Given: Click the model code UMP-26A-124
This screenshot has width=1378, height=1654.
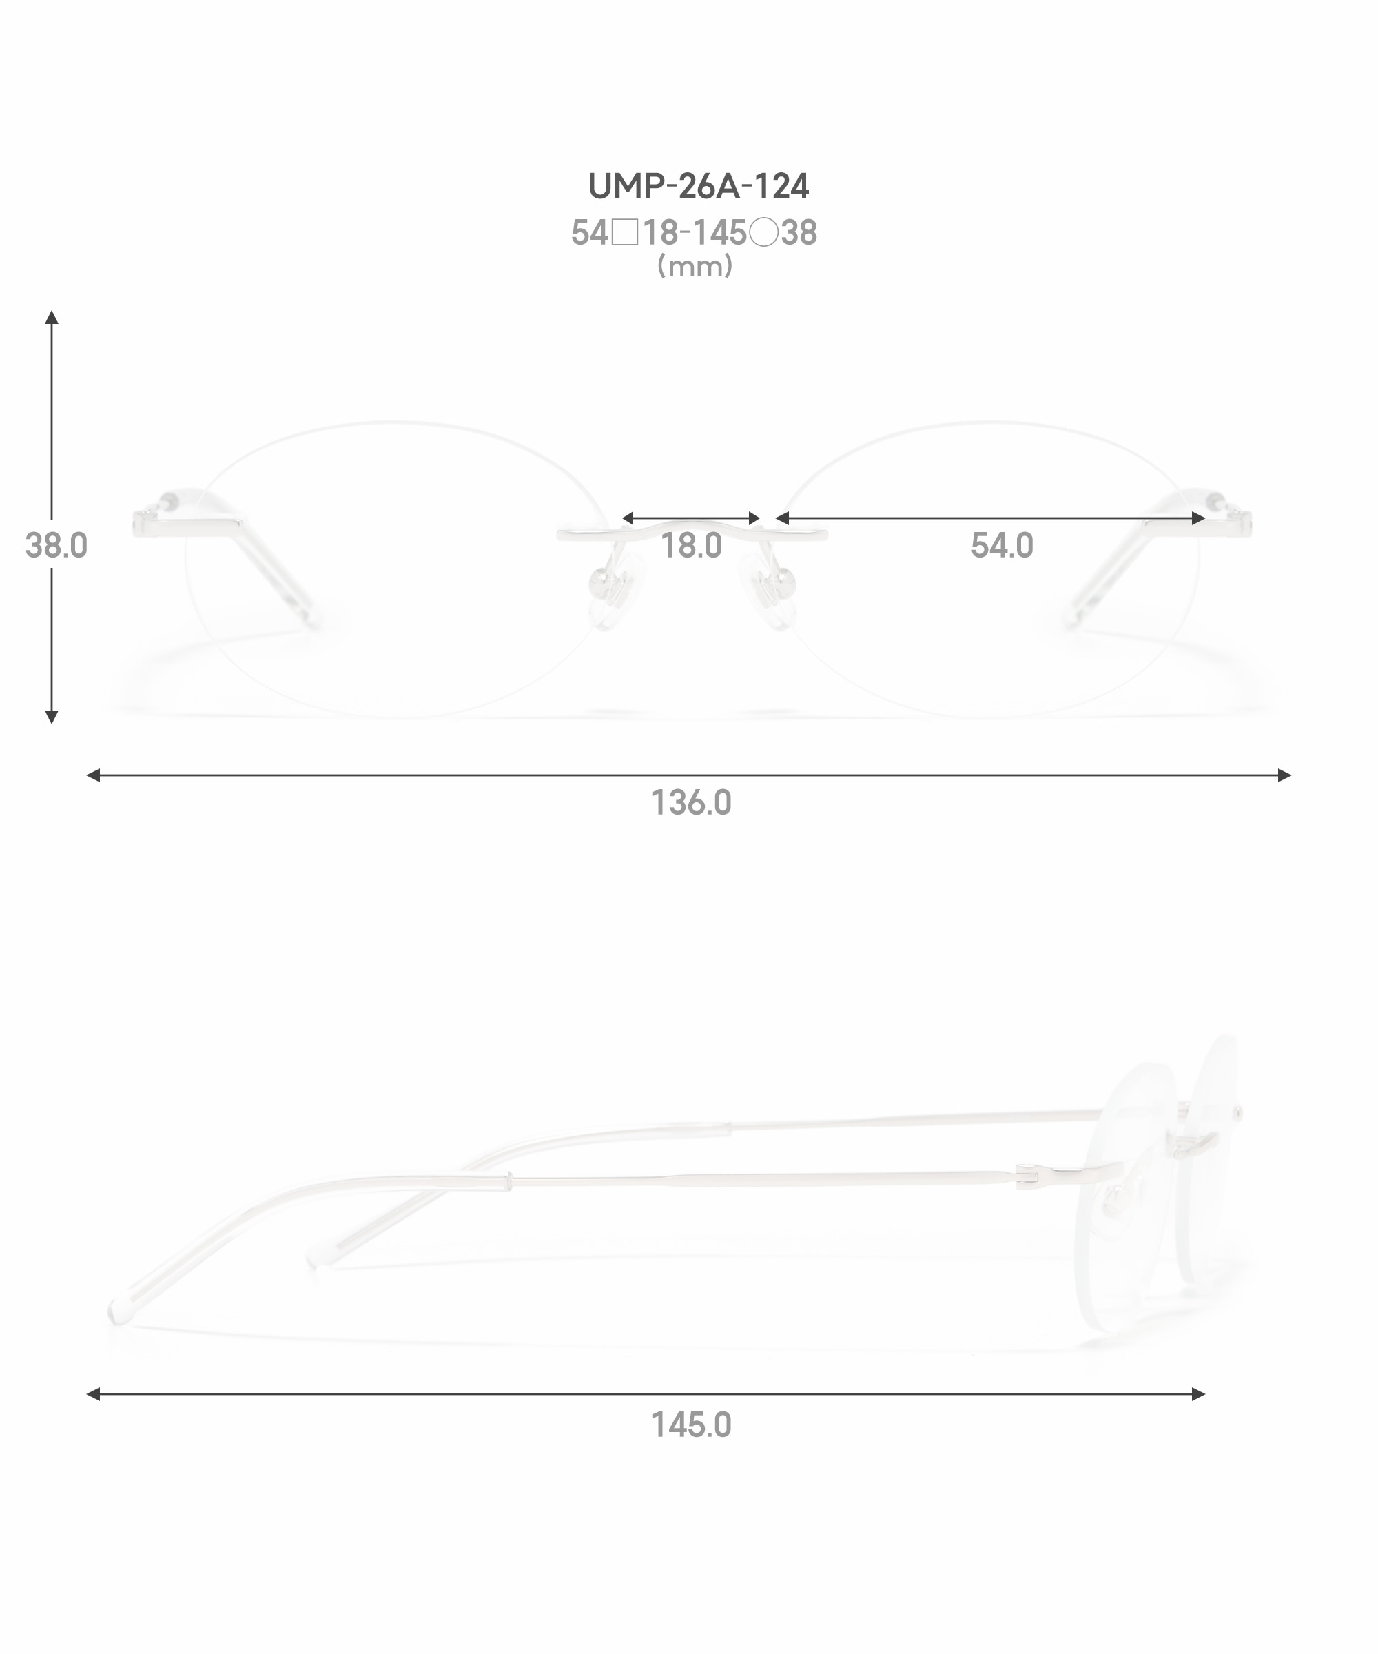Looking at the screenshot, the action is pos(699,186).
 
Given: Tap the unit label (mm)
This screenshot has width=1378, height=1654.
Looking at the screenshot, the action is pos(695,266).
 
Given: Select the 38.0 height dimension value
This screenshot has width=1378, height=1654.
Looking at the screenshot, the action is pos(56,545).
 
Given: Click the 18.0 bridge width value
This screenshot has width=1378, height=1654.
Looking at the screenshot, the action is pos(690,545).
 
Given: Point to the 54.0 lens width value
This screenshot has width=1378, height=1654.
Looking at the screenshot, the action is pos(1002,545).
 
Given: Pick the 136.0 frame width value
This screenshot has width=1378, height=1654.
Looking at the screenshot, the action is pos(691,803).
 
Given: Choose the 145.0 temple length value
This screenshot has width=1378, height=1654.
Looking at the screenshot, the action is pos(691,1425).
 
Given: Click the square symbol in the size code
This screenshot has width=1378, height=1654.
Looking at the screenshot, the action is pos(625,233).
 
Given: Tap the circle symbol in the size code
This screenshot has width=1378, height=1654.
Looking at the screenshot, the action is pos(764,233).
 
